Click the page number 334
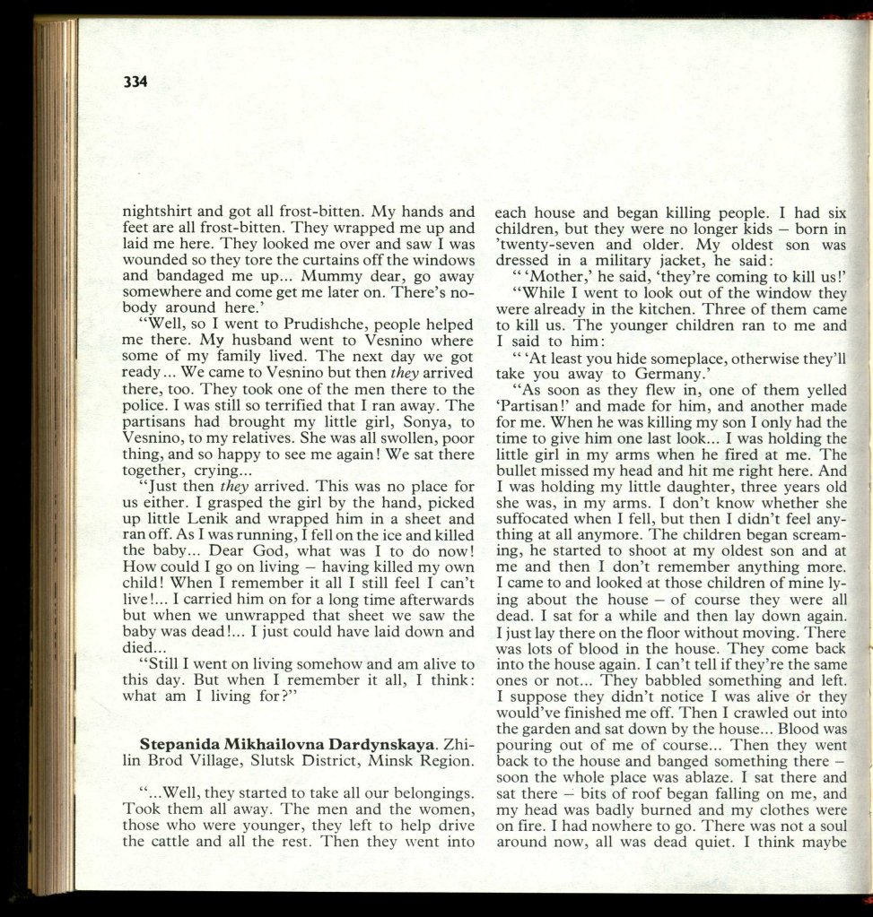click(135, 82)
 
